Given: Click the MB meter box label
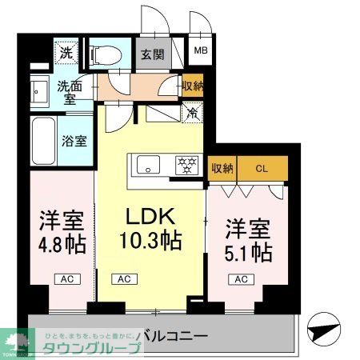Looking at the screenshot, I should [201, 54].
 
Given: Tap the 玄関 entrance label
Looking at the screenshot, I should [153, 55].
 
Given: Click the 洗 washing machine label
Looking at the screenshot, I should [65, 54].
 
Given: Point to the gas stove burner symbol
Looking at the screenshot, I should [188, 166].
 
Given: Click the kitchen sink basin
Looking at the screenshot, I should [149, 166].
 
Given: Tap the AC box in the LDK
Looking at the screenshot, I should [123, 279].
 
